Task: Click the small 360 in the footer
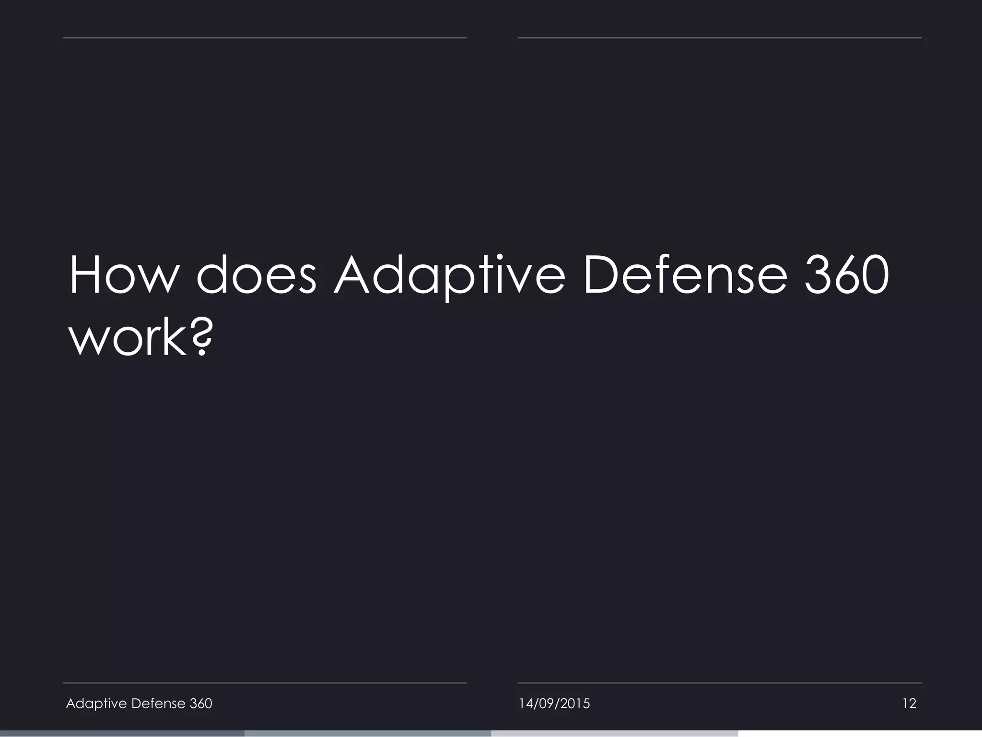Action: point(201,703)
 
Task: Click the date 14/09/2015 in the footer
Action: point(554,703)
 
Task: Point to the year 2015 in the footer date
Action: point(575,703)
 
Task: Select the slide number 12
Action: point(909,703)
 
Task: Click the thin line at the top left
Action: point(265,37)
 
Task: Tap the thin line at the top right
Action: point(719,37)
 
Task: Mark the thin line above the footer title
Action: point(265,683)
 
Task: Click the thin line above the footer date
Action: point(719,683)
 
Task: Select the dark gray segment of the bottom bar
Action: point(122,734)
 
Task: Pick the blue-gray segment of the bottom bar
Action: point(368,734)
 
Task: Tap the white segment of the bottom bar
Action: point(859,734)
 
